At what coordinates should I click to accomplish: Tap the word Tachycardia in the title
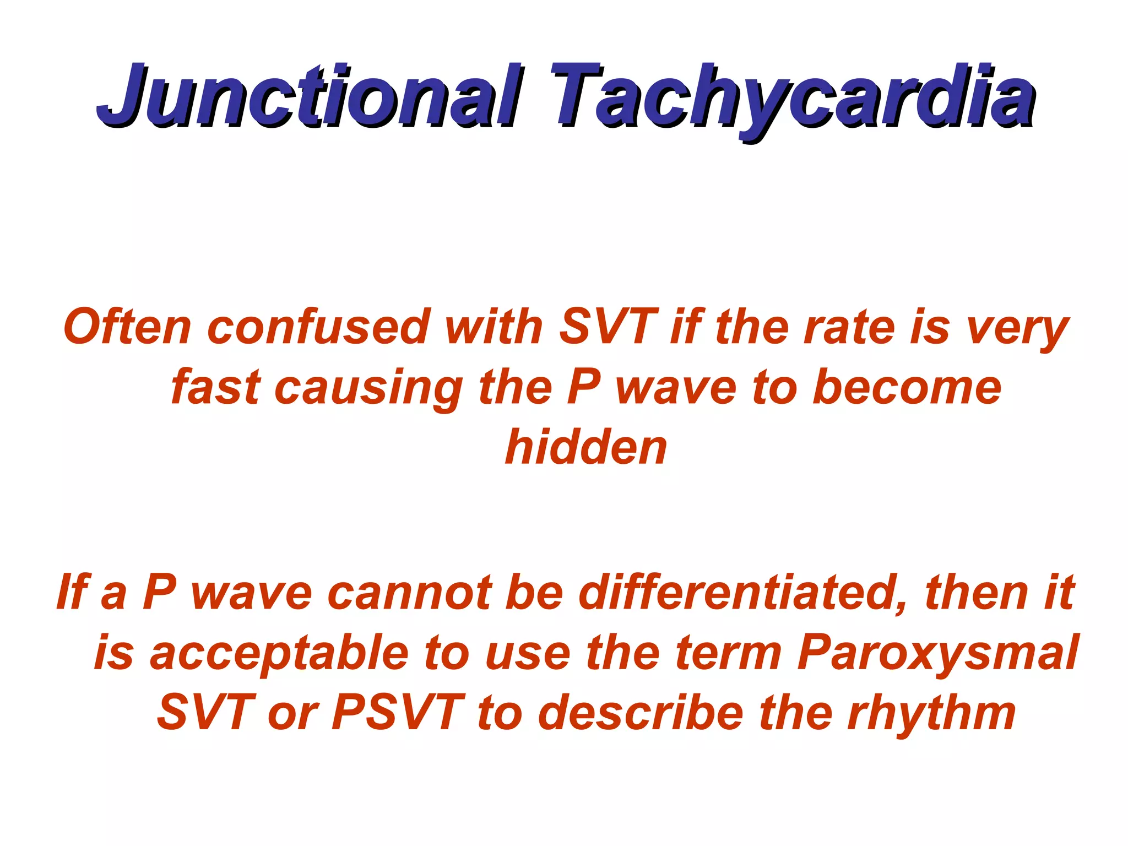coord(793,96)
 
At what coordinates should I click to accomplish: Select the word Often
coord(128,327)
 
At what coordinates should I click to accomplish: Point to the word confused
coord(318,327)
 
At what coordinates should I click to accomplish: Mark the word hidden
coord(586,447)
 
